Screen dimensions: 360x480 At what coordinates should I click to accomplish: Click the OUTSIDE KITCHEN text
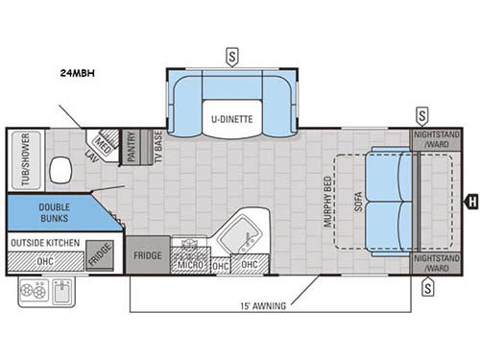[47, 243]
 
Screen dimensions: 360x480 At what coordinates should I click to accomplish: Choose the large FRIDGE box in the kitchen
[148, 255]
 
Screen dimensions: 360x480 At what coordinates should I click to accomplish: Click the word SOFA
[357, 201]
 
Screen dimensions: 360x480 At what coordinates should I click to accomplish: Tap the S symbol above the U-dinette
[233, 54]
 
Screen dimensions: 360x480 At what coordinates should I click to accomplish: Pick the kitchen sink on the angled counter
[241, 231]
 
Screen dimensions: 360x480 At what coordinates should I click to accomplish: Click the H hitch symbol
[471, 202]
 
